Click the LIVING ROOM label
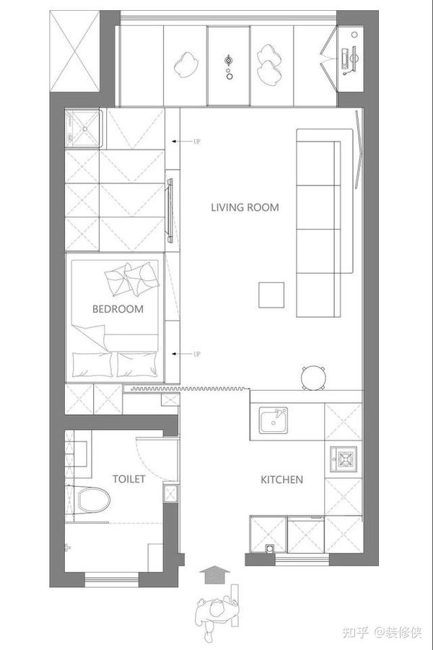pyautogui.click(x=245, y=207)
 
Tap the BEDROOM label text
pyautogui.click(x=118, y=309)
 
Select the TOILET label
pyautogui.click(x=129, y=480)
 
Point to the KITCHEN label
pyautogui.click(x=281, y=480)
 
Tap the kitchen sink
pyautogui.click(x=273, y=420)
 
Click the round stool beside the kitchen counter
pyautogui.click(x=313, y=378)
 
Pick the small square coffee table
pyautogui.click(x=271, y=295)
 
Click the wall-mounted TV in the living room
pyautogui.click(x=170, y=211)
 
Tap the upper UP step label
pyautogui.click(x=197, y=142)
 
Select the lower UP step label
pyautogui.click(x=197, y=354)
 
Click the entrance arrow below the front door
pyautogui.click(x=214, y=576)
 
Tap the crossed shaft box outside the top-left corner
pyautogui.click(x=75, y=51)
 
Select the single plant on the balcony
pyautogui.click(x=185, y=64)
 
